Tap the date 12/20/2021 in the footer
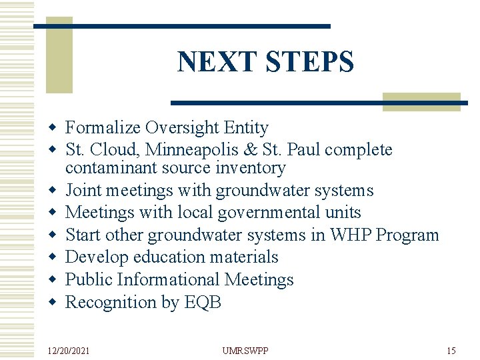[x=69, y=350]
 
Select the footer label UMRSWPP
[x=245, y=350]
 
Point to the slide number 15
[x=451, y=350]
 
